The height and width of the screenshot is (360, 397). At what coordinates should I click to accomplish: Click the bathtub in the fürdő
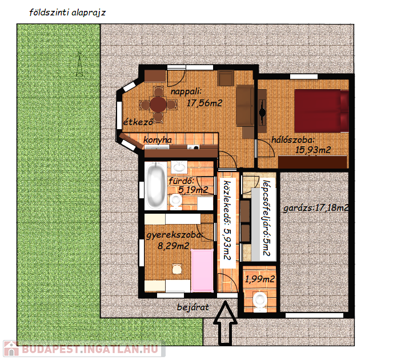[155, 186]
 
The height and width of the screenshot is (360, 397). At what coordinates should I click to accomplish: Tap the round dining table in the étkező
[158, 104]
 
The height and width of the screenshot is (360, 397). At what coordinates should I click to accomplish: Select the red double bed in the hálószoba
[322, 111]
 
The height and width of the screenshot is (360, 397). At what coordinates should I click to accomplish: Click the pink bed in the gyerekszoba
[202, 270]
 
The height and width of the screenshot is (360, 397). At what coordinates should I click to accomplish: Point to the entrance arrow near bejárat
[225, 323]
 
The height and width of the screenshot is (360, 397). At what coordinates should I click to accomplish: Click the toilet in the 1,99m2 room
[260, 302]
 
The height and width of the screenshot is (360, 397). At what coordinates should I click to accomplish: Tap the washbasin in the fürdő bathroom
[179, 167]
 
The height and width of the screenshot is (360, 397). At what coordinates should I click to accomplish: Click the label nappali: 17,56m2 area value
[204, 103]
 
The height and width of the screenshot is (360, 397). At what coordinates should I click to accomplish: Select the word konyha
[158, 140]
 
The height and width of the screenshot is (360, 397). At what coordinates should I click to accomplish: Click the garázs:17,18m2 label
[316, 208]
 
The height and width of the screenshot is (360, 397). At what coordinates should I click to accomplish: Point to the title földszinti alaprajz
[67, 13]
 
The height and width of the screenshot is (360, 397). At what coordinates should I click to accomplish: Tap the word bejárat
[193, 307]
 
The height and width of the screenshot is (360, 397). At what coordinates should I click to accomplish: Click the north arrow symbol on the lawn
[80, 64]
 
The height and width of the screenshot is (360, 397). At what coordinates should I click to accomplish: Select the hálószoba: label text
[293, 140]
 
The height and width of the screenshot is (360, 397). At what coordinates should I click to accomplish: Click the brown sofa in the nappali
[245, 105]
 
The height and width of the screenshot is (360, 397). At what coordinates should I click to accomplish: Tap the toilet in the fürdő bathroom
[175, 202]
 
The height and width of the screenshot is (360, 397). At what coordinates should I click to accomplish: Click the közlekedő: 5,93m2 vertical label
[227, 221]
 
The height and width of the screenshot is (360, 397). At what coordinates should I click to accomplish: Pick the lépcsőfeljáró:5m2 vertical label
[267, 218]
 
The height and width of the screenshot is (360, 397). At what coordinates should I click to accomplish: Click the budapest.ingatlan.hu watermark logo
[85, 349]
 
